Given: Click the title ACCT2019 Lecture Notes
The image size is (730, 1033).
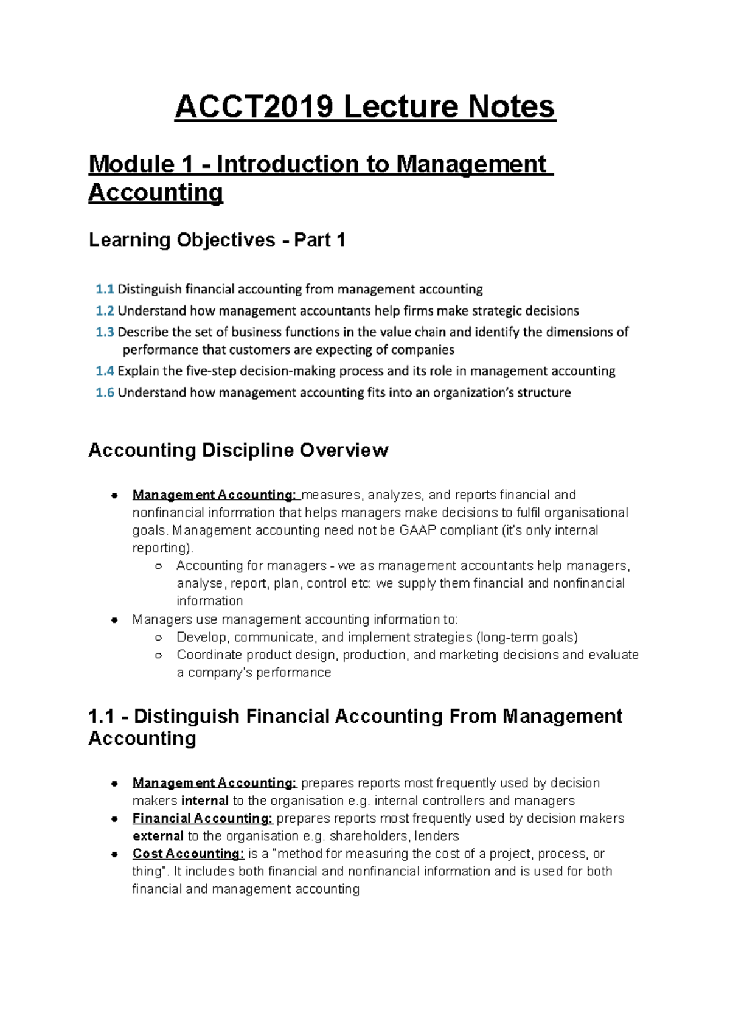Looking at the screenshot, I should click(x=365, y=107).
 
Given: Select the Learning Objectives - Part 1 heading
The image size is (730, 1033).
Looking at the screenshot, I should click(x=217, y=240).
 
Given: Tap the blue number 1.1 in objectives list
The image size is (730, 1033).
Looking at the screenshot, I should click(x=105, y=289).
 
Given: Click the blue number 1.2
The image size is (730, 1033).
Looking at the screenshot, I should click(x=105, y=311).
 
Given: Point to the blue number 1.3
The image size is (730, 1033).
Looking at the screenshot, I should click(x=105, y=332).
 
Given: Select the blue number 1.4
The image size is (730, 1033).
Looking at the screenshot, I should click(x=105, y=371).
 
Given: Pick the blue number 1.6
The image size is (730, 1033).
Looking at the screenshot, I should click(x=105, y=392).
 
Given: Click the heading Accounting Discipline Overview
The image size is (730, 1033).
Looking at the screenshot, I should click(x=238, y=450).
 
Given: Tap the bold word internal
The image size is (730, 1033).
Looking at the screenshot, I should click(x=205, y=801).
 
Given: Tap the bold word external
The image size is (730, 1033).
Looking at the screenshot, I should click(x=158, y=836).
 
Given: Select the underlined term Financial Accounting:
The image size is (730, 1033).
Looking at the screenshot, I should click(x=203, y=818).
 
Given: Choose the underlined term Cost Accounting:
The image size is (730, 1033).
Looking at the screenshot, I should click(x=188, y=854).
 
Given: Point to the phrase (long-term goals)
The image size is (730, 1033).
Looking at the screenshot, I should click(x=527, y=637).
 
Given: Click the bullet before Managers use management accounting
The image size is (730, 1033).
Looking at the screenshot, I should click(x=114, y=620).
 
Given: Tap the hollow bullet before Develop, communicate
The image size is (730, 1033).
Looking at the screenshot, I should click(x=158, y=638).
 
